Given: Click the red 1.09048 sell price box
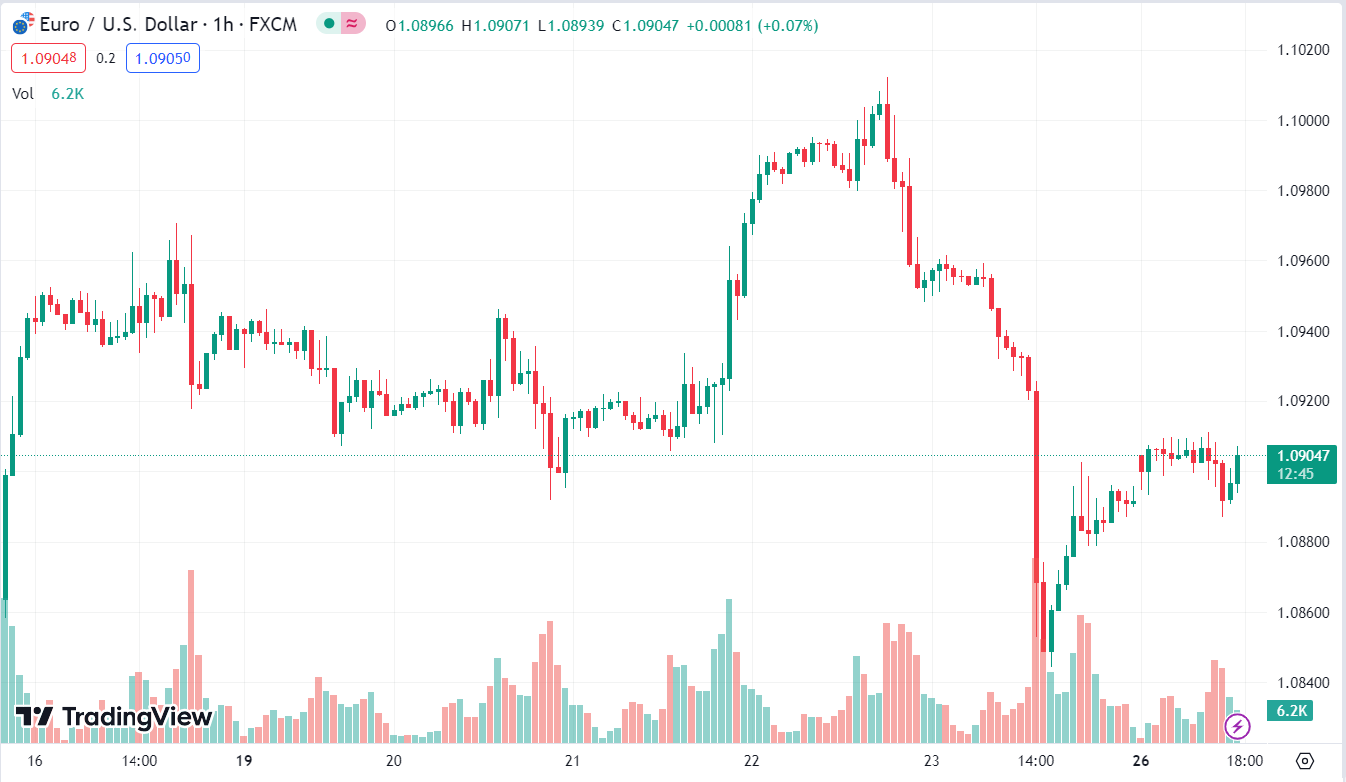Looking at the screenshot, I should click(x=49, y=58).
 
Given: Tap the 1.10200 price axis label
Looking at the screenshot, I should click(x=1301, y=50).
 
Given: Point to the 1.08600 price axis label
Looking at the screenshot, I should click(x=1301, y=612).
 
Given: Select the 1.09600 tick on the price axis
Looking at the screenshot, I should click(x=1301, y=261).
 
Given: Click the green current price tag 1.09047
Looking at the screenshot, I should click(x=1301, y=464).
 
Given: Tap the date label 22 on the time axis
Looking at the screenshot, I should click(x=751, y=761).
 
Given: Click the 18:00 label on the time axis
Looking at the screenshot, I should click(x=1244, y=761).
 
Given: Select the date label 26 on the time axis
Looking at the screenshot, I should click(x=1141, y=761).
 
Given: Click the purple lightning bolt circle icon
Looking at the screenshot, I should click(x=1237, y=726).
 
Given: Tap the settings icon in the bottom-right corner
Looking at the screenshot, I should click(x=1305, y=761).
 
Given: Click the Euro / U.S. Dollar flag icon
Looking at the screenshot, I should click(x=24, y=24).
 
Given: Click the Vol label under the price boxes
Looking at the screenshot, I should click(x=23, y=93).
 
